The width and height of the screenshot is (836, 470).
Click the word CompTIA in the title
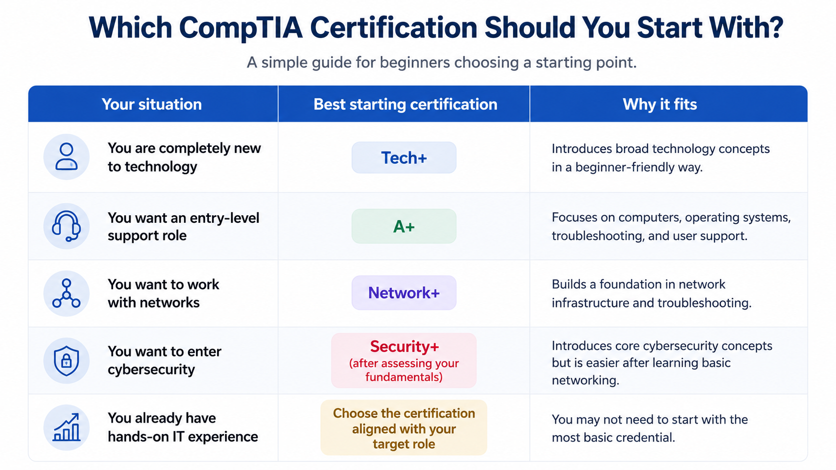tap(240, 28)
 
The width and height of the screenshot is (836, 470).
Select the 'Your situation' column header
tap(151, 104)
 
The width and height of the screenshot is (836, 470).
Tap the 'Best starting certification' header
tap(405, 104)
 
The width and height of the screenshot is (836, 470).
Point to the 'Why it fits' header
tap(660, 104)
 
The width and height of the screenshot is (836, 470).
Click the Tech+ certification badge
tap(404, 158)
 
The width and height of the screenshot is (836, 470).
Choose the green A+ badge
tap(404, 226)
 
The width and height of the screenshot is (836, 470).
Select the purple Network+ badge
tap(404, 293)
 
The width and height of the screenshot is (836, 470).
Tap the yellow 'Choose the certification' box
tap(404, 428)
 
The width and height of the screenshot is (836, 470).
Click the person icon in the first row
tap(66, 157)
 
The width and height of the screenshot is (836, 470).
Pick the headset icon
tap(66, 226)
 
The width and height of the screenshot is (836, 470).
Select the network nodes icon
tap(66, 293)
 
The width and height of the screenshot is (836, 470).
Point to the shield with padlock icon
tap(66, 361)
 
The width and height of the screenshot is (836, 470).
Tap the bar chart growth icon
tap(66, 427)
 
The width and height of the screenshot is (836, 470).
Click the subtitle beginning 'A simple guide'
tap(441, 62)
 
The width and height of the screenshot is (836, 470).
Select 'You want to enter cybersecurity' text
tap(164, 361)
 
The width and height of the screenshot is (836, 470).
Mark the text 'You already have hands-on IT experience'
tap(183, 428)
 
